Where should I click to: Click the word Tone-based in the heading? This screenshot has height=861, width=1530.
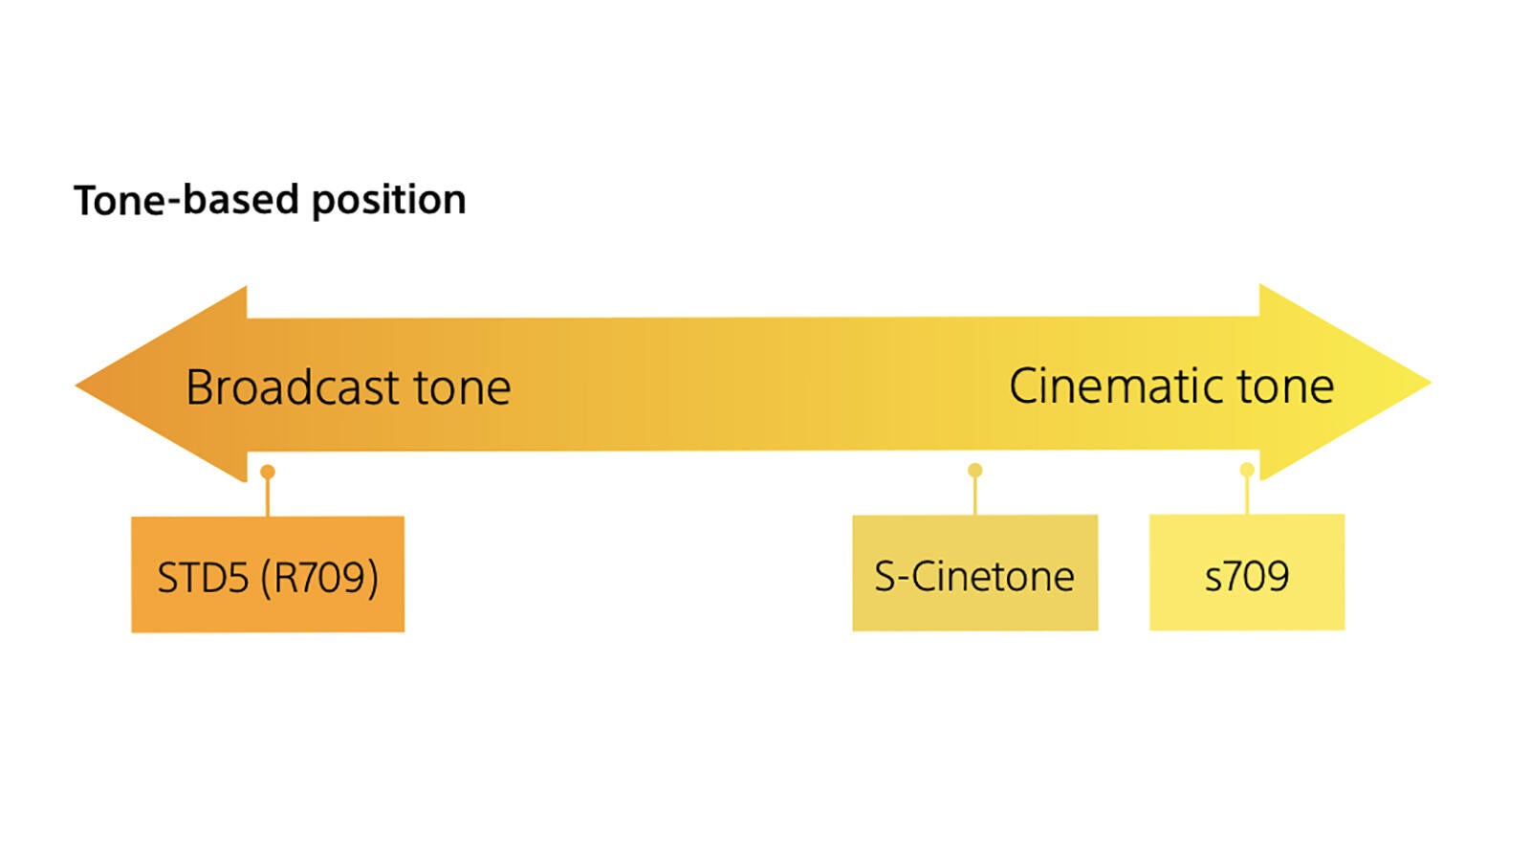(186, 200)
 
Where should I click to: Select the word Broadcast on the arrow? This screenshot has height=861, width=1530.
(293, 387)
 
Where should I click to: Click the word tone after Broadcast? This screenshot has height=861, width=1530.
(463, 388)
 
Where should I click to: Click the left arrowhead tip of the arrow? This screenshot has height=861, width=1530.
(76, 386)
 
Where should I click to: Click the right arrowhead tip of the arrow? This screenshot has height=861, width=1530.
(1431, 383)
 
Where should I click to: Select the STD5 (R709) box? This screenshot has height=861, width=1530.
(268, 574)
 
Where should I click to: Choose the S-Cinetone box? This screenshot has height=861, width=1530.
(975, 573)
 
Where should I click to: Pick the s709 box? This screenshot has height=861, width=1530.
(1247, 572)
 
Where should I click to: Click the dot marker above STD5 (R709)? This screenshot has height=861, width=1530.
(268, 472)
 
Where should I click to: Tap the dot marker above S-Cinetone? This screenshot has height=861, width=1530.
(975, 470)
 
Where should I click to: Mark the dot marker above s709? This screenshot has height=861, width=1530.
(1247, 470)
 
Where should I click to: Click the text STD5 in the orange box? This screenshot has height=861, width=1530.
(203, 578)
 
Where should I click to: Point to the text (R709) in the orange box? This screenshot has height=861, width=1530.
(320, 578)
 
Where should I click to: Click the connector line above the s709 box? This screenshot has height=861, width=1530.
(1247, 495)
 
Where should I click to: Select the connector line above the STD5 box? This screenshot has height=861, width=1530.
(268, 497)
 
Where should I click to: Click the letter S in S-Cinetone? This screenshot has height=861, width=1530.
(885, 576)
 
